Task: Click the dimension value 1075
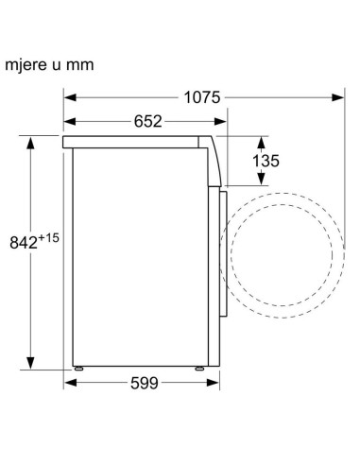tap(202, 97)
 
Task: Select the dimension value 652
tap(148, 121)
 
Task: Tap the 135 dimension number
tap(266, 161)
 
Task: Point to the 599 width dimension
tap(145, 383)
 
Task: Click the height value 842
tap(24, 243)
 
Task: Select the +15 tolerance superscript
tap(48, 238)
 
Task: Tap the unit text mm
tap(80, 65)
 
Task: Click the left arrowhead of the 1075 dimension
tap(70, 97)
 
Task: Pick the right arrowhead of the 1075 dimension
tap(338, 97)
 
